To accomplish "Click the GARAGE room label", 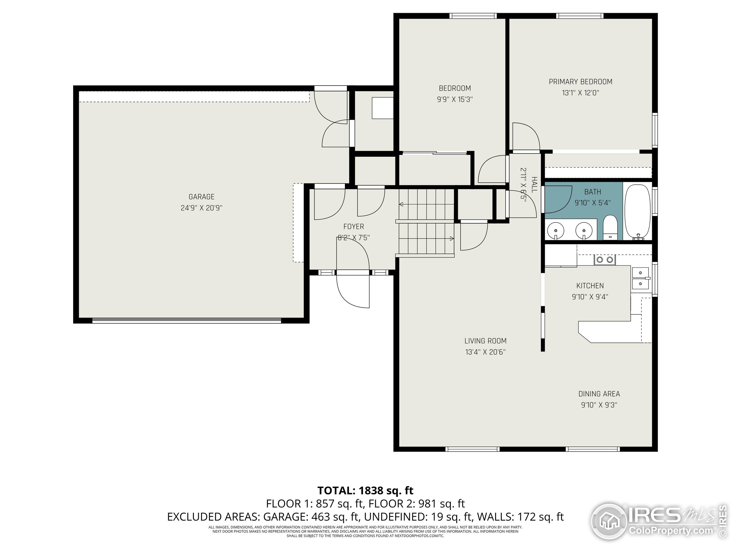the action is coord(202,197).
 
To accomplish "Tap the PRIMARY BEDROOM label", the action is coord(581,82).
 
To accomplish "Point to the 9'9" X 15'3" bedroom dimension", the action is coord(455,99).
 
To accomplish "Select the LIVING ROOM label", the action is coord(485,341).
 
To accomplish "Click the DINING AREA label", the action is coord(599,394).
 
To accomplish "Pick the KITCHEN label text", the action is coord(590,286).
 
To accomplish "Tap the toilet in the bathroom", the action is coord(610,227).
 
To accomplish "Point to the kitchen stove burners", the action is coord(605,260).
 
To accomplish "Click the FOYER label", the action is coord(354,227).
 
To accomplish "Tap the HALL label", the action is coord(534,185).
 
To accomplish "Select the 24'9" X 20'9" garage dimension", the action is coord(202,208).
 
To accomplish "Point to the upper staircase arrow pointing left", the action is coord(427,204).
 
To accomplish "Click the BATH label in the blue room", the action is coord(593,192).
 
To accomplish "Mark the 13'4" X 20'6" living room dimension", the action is coord(485,352).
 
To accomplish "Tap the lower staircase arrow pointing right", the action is coord(426,239).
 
